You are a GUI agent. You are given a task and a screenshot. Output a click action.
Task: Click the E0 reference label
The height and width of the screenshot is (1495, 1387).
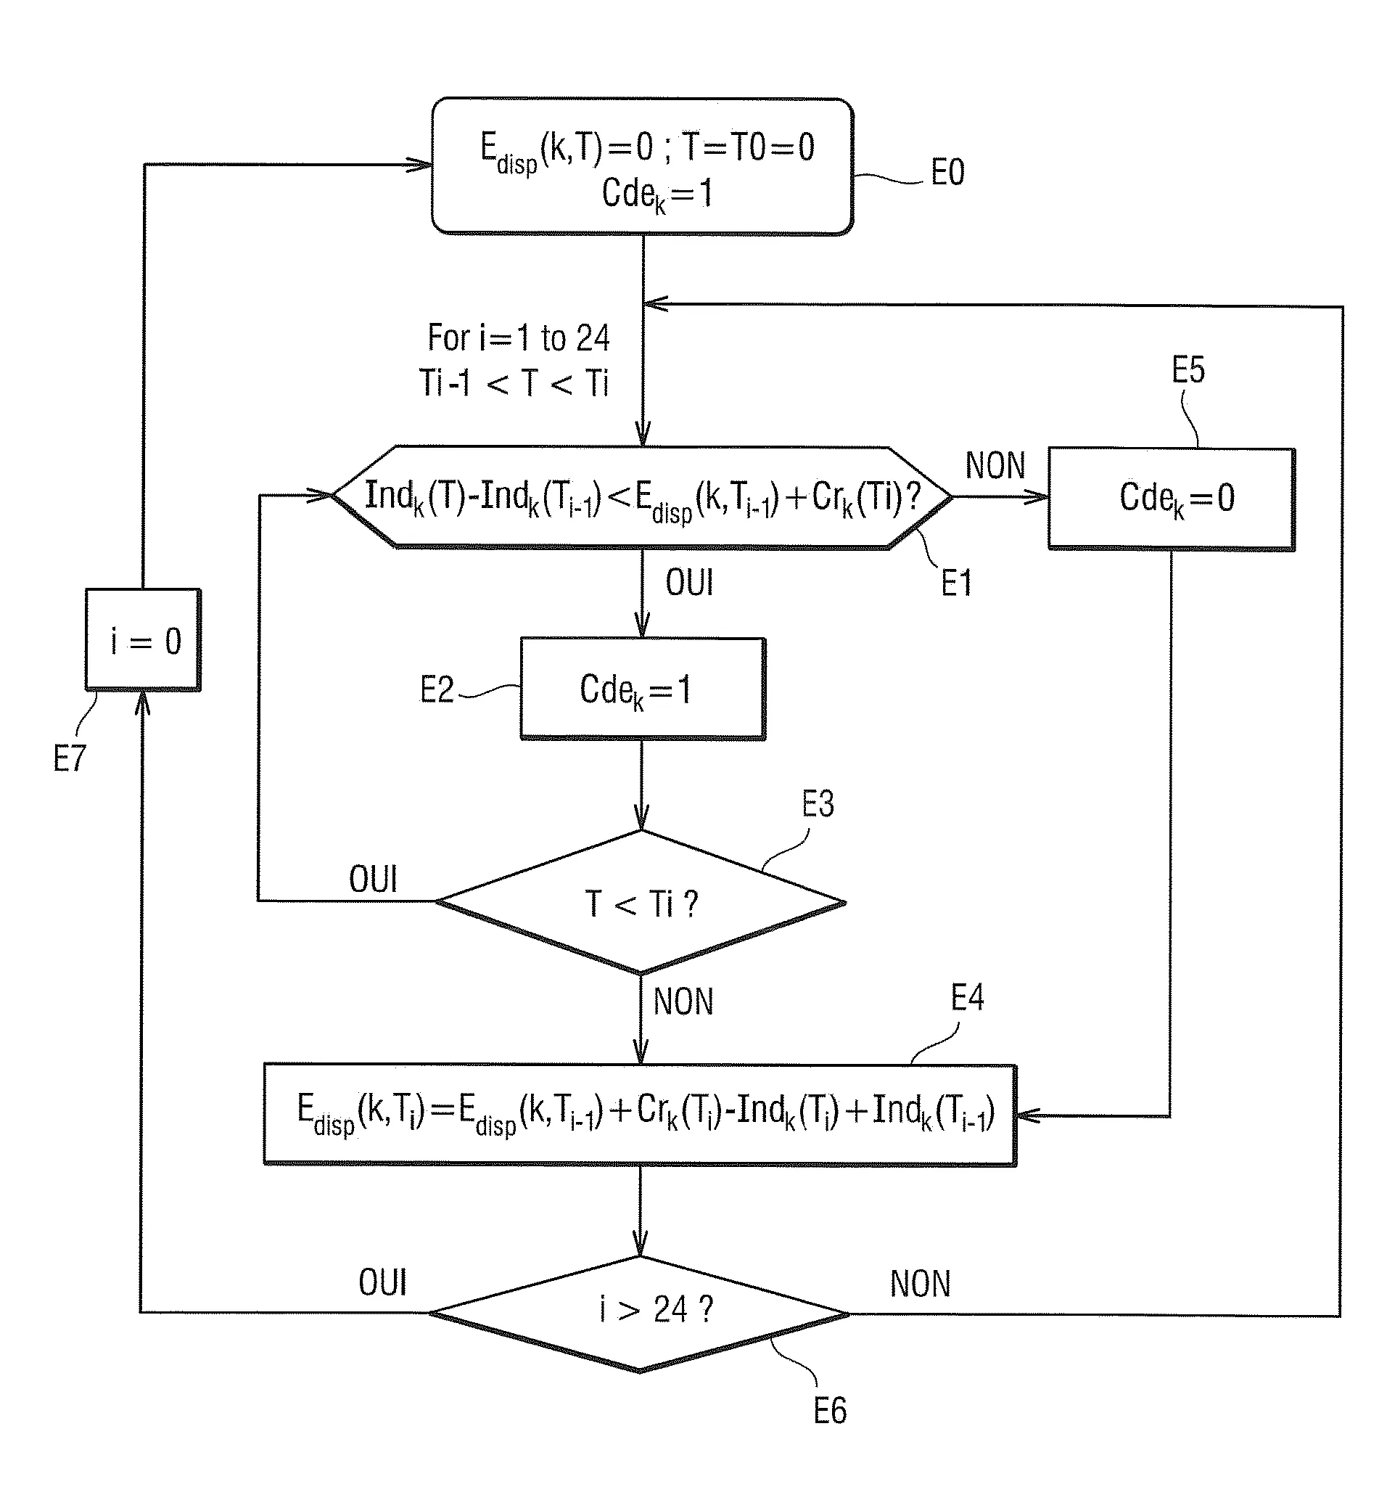click(x=947, y=173)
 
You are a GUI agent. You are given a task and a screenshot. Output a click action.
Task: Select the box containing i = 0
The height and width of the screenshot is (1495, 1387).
click(x=143, y=640)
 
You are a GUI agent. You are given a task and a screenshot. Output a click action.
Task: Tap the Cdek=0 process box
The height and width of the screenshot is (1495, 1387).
click(x=1171, y=498)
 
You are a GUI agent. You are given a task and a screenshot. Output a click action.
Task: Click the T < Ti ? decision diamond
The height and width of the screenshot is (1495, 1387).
click(x=641, y=902)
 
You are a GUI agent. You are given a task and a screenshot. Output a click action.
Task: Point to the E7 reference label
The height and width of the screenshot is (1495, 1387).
click(x=70, y=758)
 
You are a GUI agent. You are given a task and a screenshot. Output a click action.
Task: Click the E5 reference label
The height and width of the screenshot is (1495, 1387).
click(x=1188, y=370)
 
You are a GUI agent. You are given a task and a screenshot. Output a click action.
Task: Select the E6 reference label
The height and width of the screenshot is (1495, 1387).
click(x=830, y=1411)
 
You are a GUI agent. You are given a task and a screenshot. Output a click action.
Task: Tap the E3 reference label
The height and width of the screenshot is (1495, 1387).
click(x=818, y=804)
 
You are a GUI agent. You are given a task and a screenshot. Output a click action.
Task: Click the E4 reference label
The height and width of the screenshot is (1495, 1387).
click(x=967, y=998)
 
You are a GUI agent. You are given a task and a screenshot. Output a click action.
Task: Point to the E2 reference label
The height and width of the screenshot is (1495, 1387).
click(x=437, y=689)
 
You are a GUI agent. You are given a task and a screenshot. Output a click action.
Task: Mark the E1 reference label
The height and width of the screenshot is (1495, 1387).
click(x=957, y=583)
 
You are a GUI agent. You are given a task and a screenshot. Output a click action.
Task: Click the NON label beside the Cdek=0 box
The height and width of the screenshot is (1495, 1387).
click(x=995, y=465)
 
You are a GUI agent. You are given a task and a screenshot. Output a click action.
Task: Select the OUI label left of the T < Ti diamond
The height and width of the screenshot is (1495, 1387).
click(x=373, y=879)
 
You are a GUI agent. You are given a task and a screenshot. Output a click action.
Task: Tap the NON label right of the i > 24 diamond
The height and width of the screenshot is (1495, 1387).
click(x=920, y=1284)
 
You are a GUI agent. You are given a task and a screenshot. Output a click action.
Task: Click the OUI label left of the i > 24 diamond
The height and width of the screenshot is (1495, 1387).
click(x=383, y=1282)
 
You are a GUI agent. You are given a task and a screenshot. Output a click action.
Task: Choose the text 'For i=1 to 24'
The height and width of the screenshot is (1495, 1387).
click(x=519, y=338)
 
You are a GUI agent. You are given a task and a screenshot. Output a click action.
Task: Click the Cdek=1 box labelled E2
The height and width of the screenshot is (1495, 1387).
click(x=643, y=689)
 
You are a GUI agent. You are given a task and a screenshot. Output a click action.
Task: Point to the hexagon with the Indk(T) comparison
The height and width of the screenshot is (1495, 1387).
click(x=643, y=497)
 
